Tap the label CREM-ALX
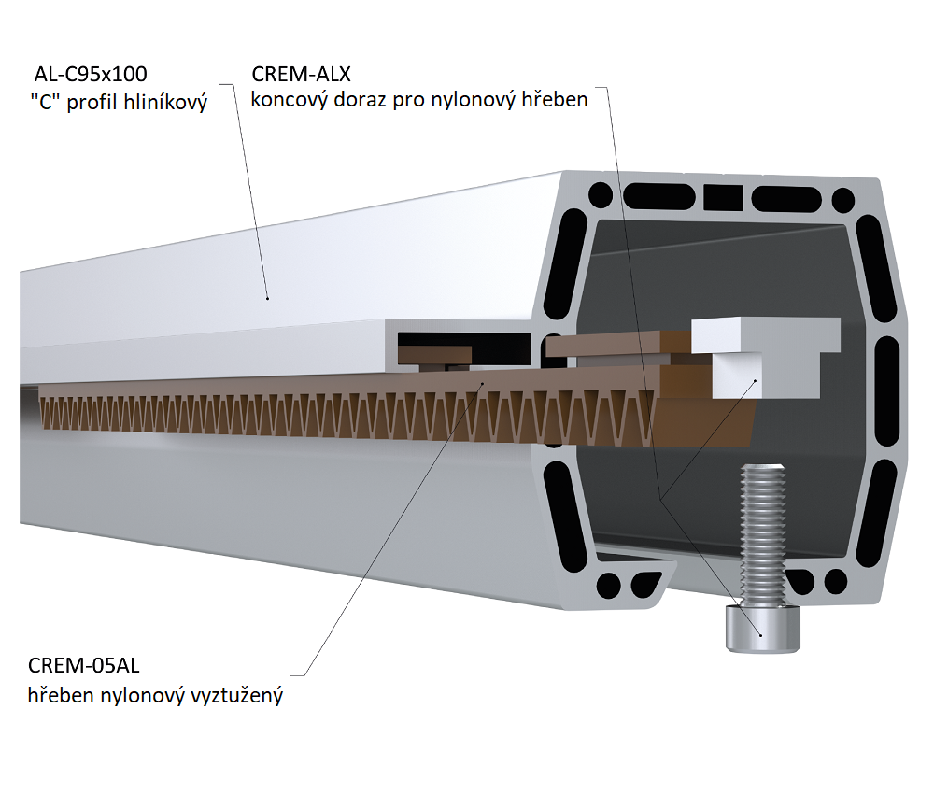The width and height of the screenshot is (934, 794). point(301,73)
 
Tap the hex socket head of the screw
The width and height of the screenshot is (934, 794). point(761,630)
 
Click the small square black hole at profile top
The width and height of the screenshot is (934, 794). point(721,196)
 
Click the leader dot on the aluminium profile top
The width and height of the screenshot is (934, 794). point(267,298)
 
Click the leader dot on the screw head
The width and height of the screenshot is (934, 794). point(761,635)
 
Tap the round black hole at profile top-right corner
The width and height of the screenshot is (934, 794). point(842,199)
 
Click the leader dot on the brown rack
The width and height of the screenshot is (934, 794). point(482,383)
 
